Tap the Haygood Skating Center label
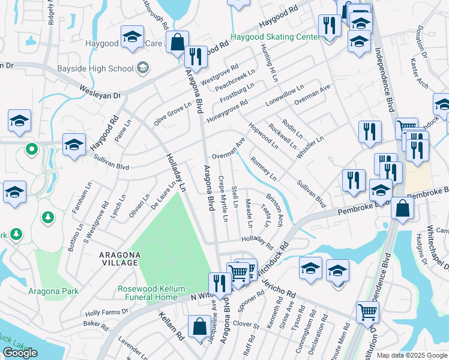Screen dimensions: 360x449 pyautogui.click(x=276, y=37)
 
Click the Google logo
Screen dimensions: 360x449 pyautogui.click(x=20, y=353)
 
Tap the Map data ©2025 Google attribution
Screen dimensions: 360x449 pyautogui.click(x=412, y=355)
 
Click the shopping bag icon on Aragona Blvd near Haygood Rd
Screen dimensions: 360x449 pyautogui.click(x=178, y=43)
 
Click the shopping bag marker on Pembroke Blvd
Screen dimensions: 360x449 pyautogui.click(x=402, y=207)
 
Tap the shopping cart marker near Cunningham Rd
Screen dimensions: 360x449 pyautogui.click(x=367, y=311)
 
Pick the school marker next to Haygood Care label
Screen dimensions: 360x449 pyautogui.click(x=132, y=37)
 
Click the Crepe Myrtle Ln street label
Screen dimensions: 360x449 pyautogui.click(x=223, y=198)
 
